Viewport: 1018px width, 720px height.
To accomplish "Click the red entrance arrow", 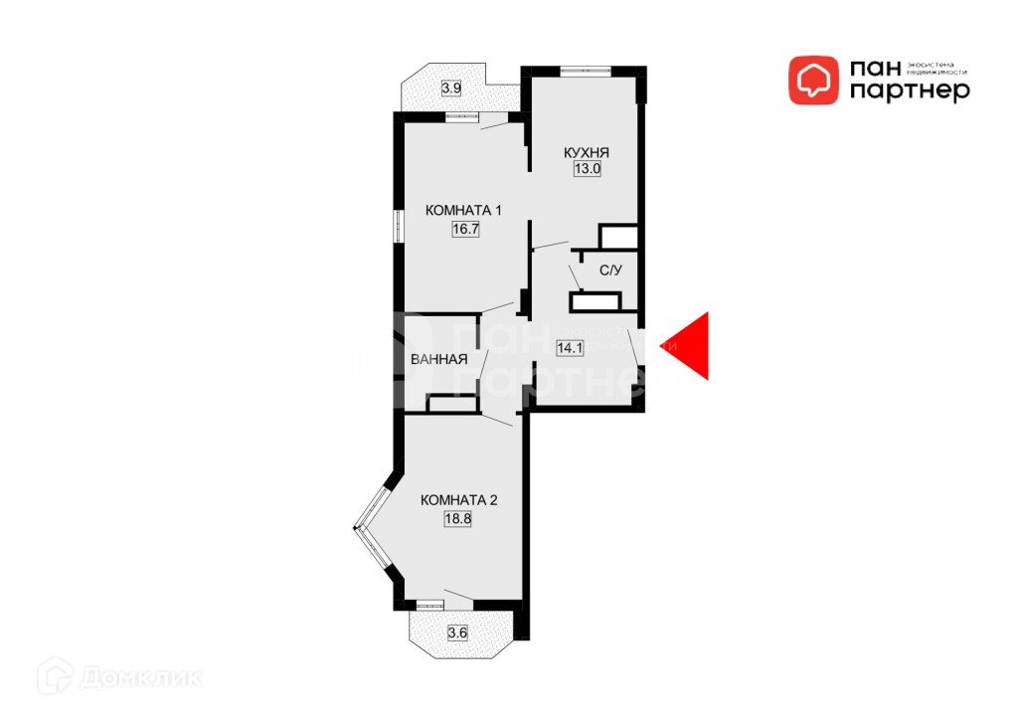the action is coord(692,346).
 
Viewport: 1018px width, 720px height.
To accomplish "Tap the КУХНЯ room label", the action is coord(587,153).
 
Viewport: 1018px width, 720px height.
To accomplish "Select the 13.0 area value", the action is coord(587,169).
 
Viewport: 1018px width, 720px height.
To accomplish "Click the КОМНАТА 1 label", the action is coord(464,211).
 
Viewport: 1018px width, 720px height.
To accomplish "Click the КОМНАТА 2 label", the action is coord(458,499).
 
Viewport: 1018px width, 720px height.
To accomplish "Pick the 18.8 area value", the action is coord(458,517).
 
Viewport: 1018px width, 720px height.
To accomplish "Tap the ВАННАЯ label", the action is coord(438,360).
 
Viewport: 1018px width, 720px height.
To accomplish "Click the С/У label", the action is coord(610,270).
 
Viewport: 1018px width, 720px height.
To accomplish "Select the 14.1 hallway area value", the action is coord(570,348).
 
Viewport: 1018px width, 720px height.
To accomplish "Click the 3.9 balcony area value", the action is coord(451,89).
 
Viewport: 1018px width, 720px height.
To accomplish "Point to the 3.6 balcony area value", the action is coord(457,632).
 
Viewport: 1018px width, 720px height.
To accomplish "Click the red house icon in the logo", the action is coord(813,80).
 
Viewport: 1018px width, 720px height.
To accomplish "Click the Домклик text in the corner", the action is coord(140,678).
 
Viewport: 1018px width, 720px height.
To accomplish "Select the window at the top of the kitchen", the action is coord(585,71).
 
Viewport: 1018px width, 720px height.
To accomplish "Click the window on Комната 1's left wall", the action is coord(398,225).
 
